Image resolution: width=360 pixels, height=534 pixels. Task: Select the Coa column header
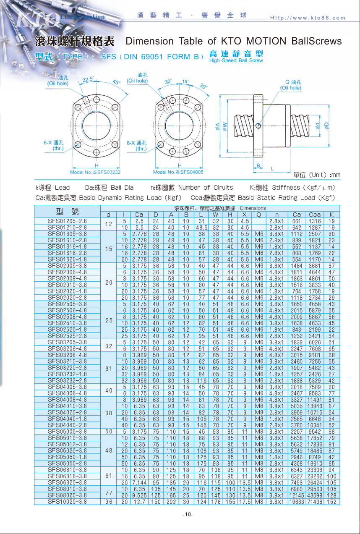pyautogui.click(x=314, y=215)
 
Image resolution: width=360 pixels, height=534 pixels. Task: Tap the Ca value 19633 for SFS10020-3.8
pyautogui.click(x=297, y=501)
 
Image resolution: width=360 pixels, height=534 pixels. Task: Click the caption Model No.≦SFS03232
pyautogui.click(x=95, y=172)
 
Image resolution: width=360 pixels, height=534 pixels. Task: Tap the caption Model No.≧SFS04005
pyautogui.click(x=178, y=172)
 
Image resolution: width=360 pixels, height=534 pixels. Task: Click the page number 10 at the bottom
pyautogui.click(x=188, y=515)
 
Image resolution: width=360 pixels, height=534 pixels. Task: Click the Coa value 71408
pyautogui.click(x=314, y=501)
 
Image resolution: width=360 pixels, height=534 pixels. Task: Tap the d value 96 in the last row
pyautogui.click(x=109, y=501)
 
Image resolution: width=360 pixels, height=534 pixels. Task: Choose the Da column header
pyautogui.click(x=139, y=215)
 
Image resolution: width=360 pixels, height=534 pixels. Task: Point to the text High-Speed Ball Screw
pyautogui.click(x=236, y=60)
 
